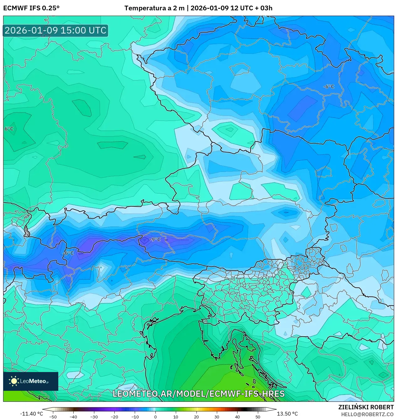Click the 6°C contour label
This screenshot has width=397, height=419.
pos(9,129)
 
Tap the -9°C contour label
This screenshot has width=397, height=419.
pos(155,240)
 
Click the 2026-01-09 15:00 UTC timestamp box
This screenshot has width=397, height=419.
pos(55,31)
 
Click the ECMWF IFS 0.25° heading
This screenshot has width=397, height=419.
pos(31,8)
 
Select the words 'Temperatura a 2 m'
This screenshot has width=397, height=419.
pos(154,8)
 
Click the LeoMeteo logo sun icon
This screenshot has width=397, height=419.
pos(14,381)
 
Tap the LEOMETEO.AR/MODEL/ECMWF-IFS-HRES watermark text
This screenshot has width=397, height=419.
pos(198,394)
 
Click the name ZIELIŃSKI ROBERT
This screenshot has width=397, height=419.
pos(366,407)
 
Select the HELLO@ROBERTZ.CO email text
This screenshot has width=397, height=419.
pos(367,414)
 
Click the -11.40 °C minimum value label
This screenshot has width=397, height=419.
pos(31,414)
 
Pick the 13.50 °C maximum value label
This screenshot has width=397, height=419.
pos(287,414)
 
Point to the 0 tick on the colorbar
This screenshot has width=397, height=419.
pos(155,417)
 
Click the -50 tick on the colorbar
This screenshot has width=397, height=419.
pos(53,417)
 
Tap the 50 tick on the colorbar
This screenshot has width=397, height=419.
pos(258,417)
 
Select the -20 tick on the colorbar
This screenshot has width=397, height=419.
pos(114,417)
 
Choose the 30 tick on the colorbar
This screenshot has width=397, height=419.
pos(217,417)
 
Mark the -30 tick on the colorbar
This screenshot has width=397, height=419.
pos(94,417)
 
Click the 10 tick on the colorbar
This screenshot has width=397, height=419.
pos(176,417)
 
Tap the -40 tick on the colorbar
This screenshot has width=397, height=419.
pos(73,417)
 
